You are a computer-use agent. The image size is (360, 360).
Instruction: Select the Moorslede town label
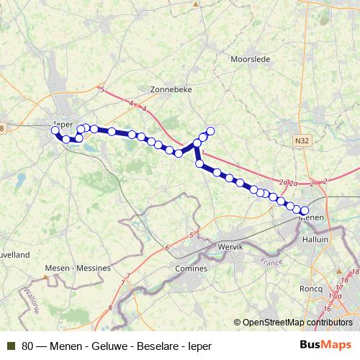point(250,59)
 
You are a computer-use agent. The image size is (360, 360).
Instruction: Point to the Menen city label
point(311,217)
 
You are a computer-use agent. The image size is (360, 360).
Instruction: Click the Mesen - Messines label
point(77,268)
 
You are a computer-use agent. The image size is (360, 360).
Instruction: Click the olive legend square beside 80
point(11,345)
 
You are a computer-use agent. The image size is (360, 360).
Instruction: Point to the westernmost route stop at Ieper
point(55,130)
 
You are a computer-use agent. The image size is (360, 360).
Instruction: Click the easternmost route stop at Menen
point(305,210)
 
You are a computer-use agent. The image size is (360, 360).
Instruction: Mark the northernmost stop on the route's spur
point(211,131)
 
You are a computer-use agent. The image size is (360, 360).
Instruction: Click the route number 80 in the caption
point(28,345)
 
